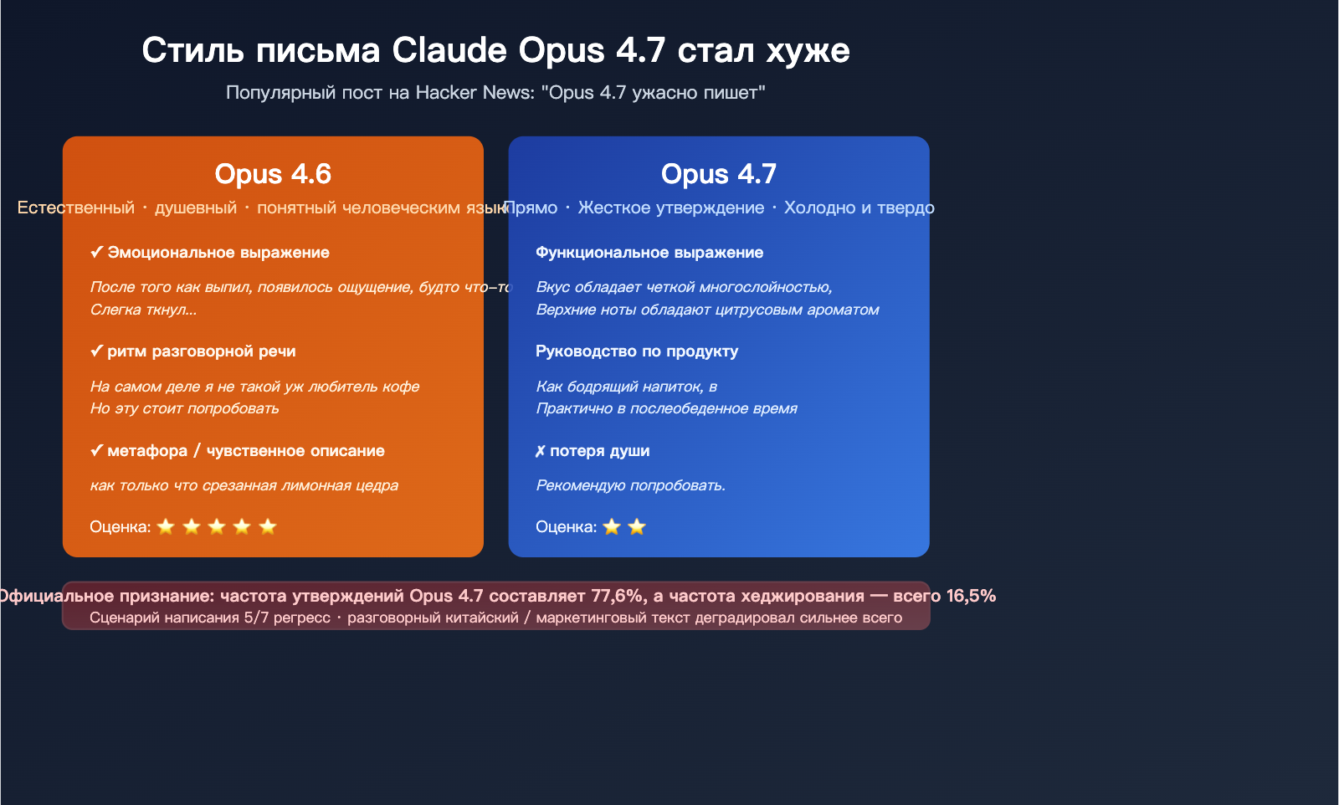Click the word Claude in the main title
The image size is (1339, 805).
pos(449,50)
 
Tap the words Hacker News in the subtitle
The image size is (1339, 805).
pos(475,92)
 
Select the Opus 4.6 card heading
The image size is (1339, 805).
pos(273,174)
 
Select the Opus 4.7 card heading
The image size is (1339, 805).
pos(719,174)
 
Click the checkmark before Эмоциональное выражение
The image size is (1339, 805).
pos(97,253)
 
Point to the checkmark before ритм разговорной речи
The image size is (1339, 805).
pos(97,351)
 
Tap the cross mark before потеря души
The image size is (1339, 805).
pos(541,452)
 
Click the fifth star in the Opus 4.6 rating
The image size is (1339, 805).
pos(268,526)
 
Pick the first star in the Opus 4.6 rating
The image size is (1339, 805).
pos(166,526)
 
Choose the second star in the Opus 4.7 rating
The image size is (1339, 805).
pos(637,526)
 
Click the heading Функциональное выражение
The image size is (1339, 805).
pos(649,253)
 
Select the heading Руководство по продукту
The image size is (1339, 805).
pos(637,351)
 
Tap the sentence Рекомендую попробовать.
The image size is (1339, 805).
pos(631,485)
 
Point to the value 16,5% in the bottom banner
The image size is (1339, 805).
pos(971,596)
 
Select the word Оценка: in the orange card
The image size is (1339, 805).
pos(121,527)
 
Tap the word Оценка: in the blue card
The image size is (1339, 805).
pos(567,527)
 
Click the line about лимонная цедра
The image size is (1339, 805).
pos(244,485)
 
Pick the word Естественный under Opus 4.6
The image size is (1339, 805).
pos(76,208)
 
